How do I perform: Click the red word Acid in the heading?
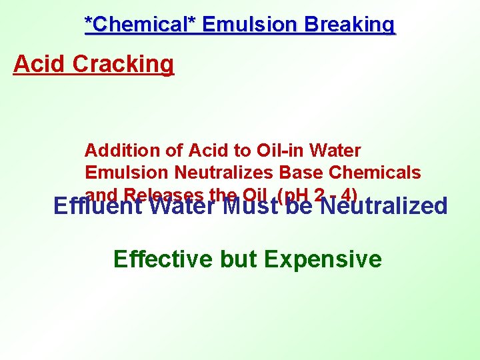tap(40, 64)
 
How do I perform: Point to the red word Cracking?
tap(123, 64)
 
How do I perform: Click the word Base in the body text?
tap(298, 173)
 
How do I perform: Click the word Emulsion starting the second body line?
tap(127, 173)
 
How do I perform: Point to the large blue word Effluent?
tap(98, 206)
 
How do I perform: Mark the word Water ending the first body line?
tap(337, 151)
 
